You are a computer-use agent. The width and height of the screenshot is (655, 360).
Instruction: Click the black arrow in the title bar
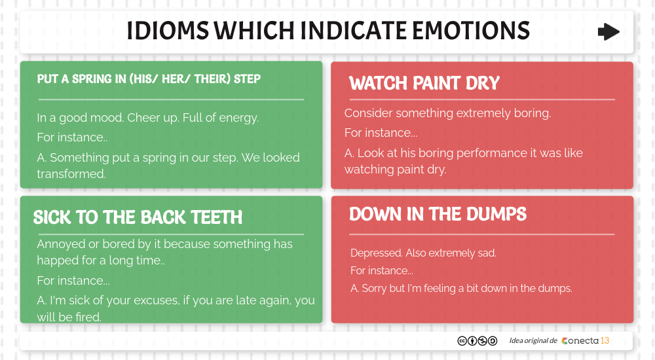[608, 32]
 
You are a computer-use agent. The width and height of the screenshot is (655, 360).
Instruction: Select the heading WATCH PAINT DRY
[424, 83]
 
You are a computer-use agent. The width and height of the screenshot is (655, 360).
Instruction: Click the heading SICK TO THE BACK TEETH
[138, 217]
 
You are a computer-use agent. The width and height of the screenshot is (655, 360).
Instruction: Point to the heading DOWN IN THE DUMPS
[438, 214]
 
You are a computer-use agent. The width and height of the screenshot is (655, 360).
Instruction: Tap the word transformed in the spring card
[71, 174]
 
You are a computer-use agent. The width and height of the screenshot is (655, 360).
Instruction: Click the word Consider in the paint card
[368, 113]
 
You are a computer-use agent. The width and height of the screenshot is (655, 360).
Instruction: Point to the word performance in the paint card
[491, 153]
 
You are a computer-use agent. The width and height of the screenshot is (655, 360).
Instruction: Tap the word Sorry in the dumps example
[374, 288]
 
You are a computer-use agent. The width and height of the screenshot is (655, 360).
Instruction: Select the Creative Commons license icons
[477, 340]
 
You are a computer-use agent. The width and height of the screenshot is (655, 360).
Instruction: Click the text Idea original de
[533, 340]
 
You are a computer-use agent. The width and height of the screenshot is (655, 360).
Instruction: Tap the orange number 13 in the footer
[605, 340]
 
